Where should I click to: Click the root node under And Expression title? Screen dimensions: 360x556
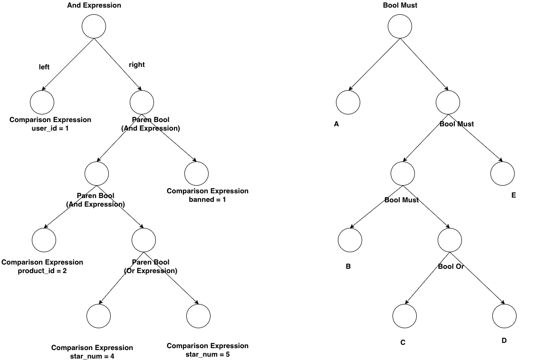click(x=94, y=27)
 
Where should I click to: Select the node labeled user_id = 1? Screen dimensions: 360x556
click(x=42, y=102)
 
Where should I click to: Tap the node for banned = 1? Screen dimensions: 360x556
click(x=196, y=173)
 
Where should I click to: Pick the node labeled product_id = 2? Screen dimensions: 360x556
click(x=44, y=239)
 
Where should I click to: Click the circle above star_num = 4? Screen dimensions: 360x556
click(x=99, y=316)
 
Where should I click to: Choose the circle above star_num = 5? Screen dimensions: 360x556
click(x=198, y=316)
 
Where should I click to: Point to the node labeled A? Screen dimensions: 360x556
click(x=348, y=102)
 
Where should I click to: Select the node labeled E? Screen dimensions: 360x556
click(x=502, y=173)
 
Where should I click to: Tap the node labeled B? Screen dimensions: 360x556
click(x=350, y=239)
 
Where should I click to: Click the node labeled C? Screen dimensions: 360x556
click(x=405, y=316)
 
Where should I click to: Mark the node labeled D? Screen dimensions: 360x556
click(x=504, y=316)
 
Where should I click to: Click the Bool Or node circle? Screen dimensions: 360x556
click(x=449, y=239)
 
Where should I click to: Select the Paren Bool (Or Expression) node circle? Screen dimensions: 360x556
click(x=143, y=239)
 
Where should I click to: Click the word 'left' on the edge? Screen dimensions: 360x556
click(x=44, y=67)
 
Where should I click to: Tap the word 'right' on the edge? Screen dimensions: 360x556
click(x=137, y=65)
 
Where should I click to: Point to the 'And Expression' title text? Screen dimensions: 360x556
click(x=94, y=6)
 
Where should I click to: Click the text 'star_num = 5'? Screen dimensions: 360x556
click(x=208, y=354)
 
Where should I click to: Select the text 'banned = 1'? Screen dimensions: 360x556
click(x=208, y=199)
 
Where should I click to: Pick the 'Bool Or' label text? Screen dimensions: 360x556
click(x=451, y=266)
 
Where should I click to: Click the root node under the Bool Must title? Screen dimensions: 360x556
click(x=400, y=27)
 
